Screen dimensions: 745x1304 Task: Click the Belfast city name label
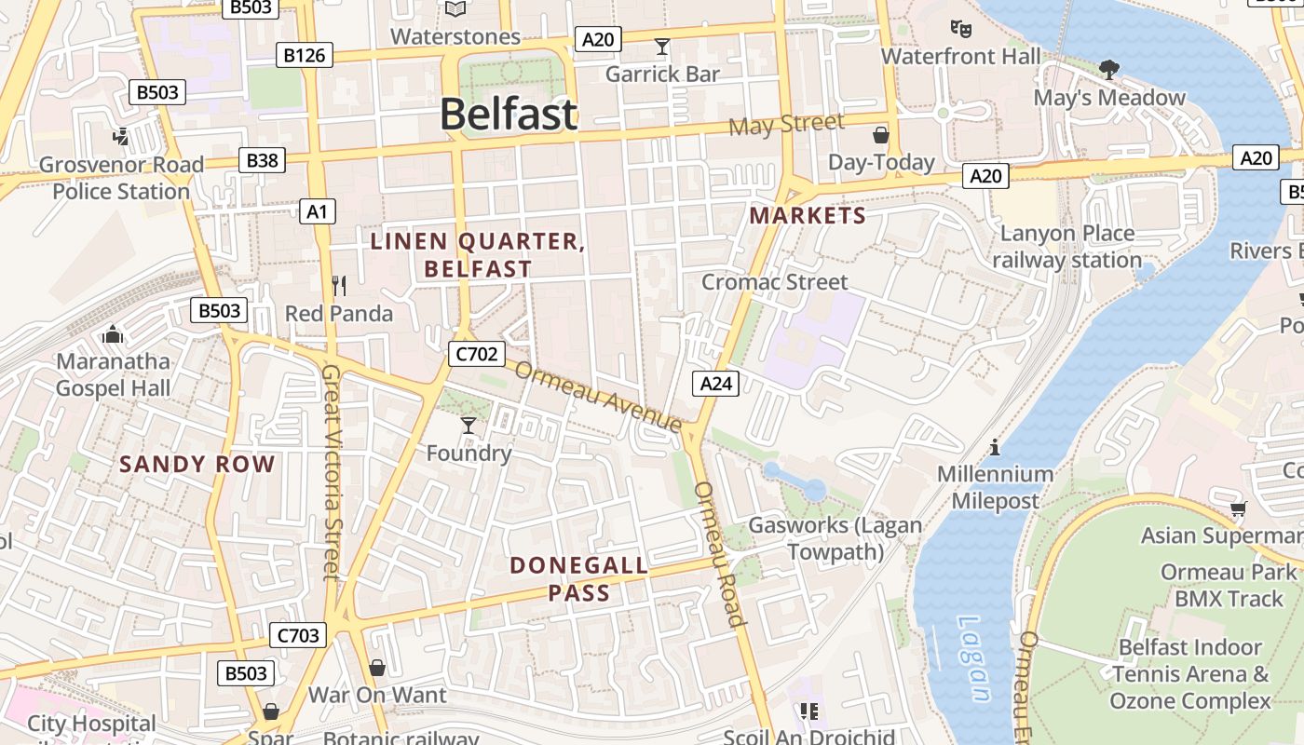(x=509, y=115)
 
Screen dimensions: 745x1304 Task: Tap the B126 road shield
(x=305, y=55)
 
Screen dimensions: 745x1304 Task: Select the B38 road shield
(x=262, y=160)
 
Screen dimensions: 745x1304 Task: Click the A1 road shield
(x=318, y=211)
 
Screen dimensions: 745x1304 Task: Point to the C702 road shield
(x=477, y=354)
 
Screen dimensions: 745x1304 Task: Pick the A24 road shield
(x=715, y=383)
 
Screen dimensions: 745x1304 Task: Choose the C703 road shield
(x=299, y=636)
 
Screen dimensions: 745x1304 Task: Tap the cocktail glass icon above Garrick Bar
(x=662, y=47)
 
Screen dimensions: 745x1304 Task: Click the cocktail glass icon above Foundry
(x=469, y=426)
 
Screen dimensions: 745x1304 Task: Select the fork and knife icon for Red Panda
(x=339, y=285)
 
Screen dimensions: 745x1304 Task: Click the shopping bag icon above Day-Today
(x=881, y=135)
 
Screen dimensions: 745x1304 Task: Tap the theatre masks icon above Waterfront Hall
(x=960, y=29)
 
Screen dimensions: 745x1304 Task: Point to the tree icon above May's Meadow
(x=1108, y=69)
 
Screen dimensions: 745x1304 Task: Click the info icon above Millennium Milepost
(x=995, y=447)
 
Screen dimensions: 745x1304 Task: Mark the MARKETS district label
(x=808, y=216)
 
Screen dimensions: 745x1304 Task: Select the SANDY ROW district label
(x=197, y=464)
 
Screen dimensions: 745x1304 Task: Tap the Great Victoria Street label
(x=332, y=471)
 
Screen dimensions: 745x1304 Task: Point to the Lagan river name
(x=971, y=657)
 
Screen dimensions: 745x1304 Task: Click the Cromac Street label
(x=775, y=281)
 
